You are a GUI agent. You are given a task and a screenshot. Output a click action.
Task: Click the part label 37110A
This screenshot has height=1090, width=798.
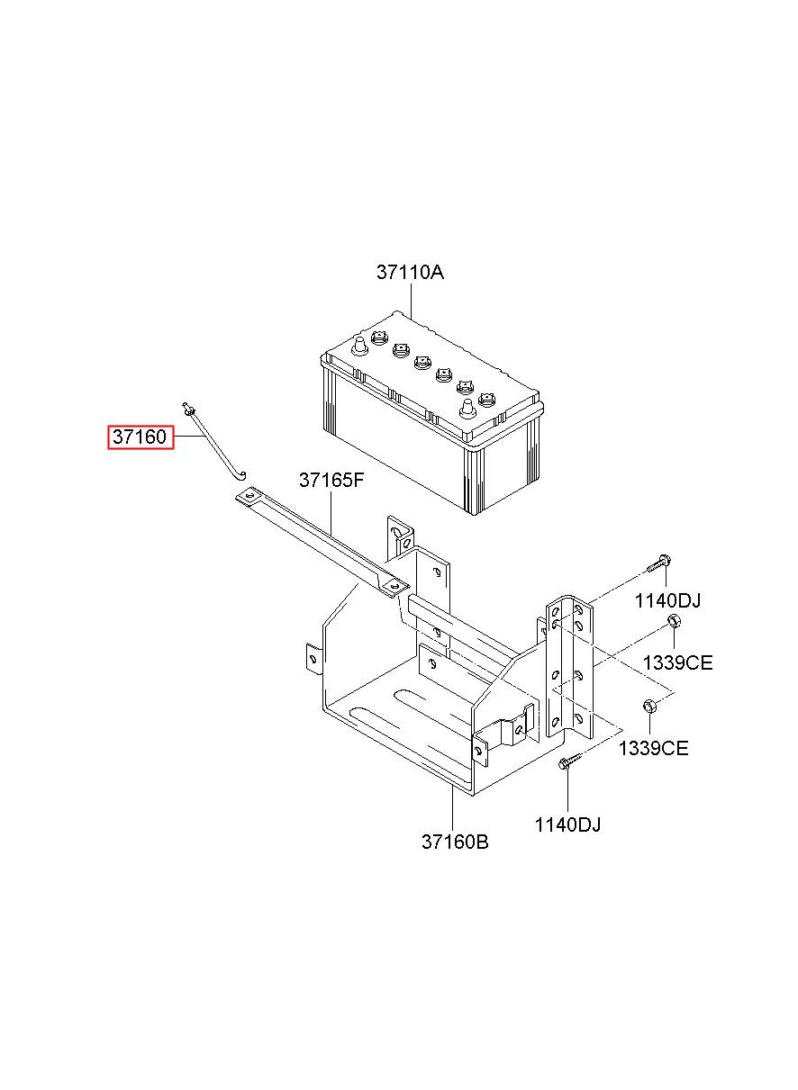point(410,272)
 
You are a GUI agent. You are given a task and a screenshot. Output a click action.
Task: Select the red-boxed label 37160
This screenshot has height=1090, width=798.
point(140,437)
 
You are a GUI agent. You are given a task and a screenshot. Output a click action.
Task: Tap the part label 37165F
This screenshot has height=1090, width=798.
point(331,481)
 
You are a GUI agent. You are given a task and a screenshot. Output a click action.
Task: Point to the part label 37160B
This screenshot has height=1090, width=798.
point(455,842)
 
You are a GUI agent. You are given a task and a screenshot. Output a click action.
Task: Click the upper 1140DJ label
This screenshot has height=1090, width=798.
point(667,601)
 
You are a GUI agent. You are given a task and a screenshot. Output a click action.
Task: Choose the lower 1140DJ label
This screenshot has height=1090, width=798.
point(567,824)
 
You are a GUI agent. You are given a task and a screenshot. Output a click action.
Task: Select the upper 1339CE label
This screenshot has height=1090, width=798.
point(677,663)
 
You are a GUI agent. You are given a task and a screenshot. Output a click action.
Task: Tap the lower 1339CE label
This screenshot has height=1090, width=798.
point(653,748)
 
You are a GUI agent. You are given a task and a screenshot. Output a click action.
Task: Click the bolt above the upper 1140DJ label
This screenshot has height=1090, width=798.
point(657,564)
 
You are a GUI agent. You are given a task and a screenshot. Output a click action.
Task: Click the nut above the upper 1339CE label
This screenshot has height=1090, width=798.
point(673,622)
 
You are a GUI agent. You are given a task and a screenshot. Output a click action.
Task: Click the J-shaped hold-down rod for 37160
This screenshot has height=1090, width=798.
point(216,441)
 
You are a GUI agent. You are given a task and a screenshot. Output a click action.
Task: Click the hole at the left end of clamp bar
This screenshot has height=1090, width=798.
point(249,495)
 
